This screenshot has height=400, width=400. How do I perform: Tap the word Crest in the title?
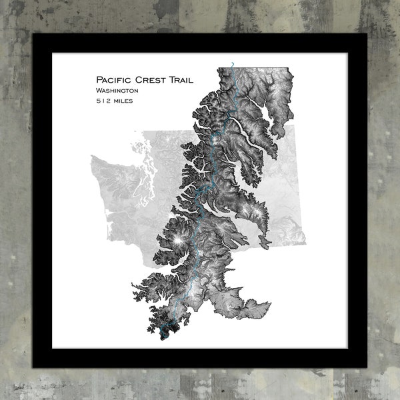pos(153,80)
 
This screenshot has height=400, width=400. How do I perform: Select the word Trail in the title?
pos(181,80)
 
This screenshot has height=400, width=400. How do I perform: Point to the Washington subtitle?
pos(117,90)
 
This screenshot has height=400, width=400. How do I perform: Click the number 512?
pos(104,101)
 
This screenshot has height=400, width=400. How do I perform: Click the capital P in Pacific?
pos(99,80)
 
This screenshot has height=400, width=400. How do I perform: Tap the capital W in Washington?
pos(99,90)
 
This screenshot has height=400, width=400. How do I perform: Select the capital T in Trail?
pos(171,80)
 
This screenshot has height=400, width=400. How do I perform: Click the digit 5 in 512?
pos(98,101)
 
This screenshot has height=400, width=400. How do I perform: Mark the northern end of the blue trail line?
pos(232,63)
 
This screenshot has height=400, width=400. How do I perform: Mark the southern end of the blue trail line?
pos(162,331)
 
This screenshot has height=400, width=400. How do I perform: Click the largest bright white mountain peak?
pos(178,239)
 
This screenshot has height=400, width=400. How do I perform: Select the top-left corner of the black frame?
pos(33,33)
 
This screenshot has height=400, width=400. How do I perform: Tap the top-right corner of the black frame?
pos(367,33)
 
